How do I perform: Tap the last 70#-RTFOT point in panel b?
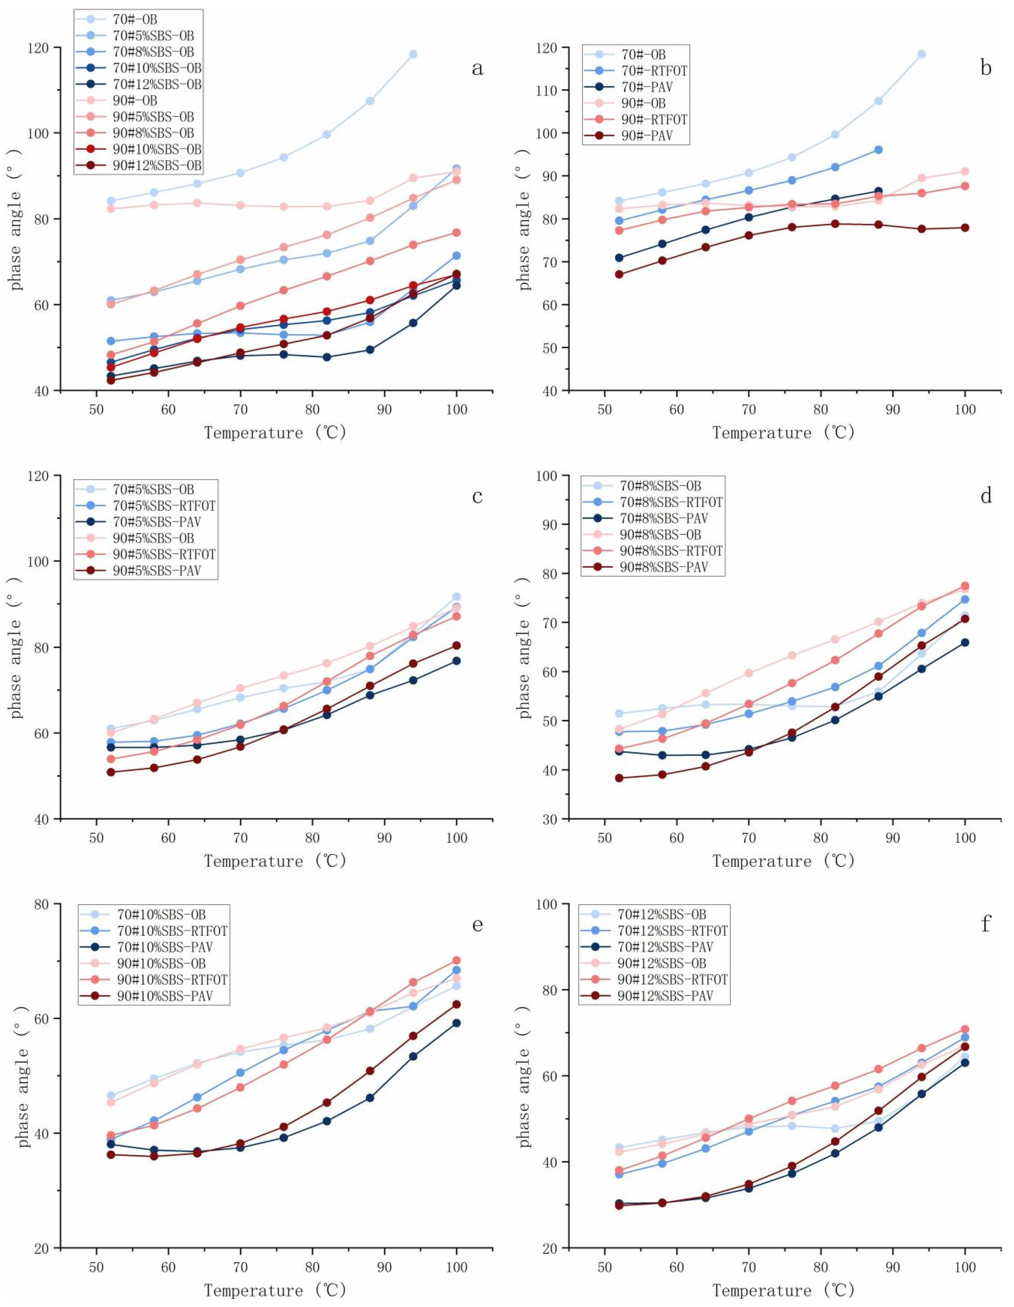(878, 150)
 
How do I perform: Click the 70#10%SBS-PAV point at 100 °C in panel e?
(456, 1023)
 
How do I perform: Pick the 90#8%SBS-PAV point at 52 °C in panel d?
(619, 778)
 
